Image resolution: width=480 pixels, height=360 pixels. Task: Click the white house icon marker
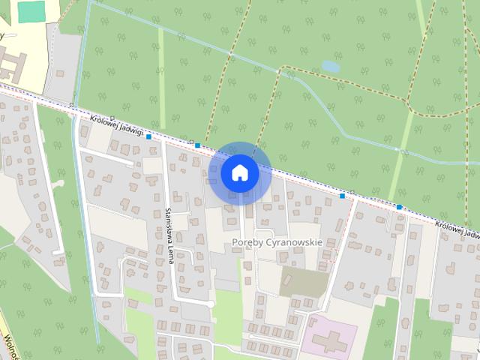tap(240, 173)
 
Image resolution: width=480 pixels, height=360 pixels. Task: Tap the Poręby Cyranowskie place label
tap(277, 242)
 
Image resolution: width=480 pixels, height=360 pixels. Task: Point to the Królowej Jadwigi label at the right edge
tap(457, 229)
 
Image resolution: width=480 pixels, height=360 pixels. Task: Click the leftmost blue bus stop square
tap(149, 136)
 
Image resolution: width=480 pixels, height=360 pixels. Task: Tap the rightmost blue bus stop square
tap(400, 207)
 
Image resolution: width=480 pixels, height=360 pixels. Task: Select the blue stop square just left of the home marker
tap(197, 145)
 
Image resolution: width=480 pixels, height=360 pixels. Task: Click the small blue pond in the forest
tap(330, 67)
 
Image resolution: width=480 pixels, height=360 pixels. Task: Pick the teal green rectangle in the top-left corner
tap(31, 11)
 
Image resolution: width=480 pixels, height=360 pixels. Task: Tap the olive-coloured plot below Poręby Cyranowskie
tap(304, 281)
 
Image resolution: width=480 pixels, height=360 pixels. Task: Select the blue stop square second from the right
tap(343, 196)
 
